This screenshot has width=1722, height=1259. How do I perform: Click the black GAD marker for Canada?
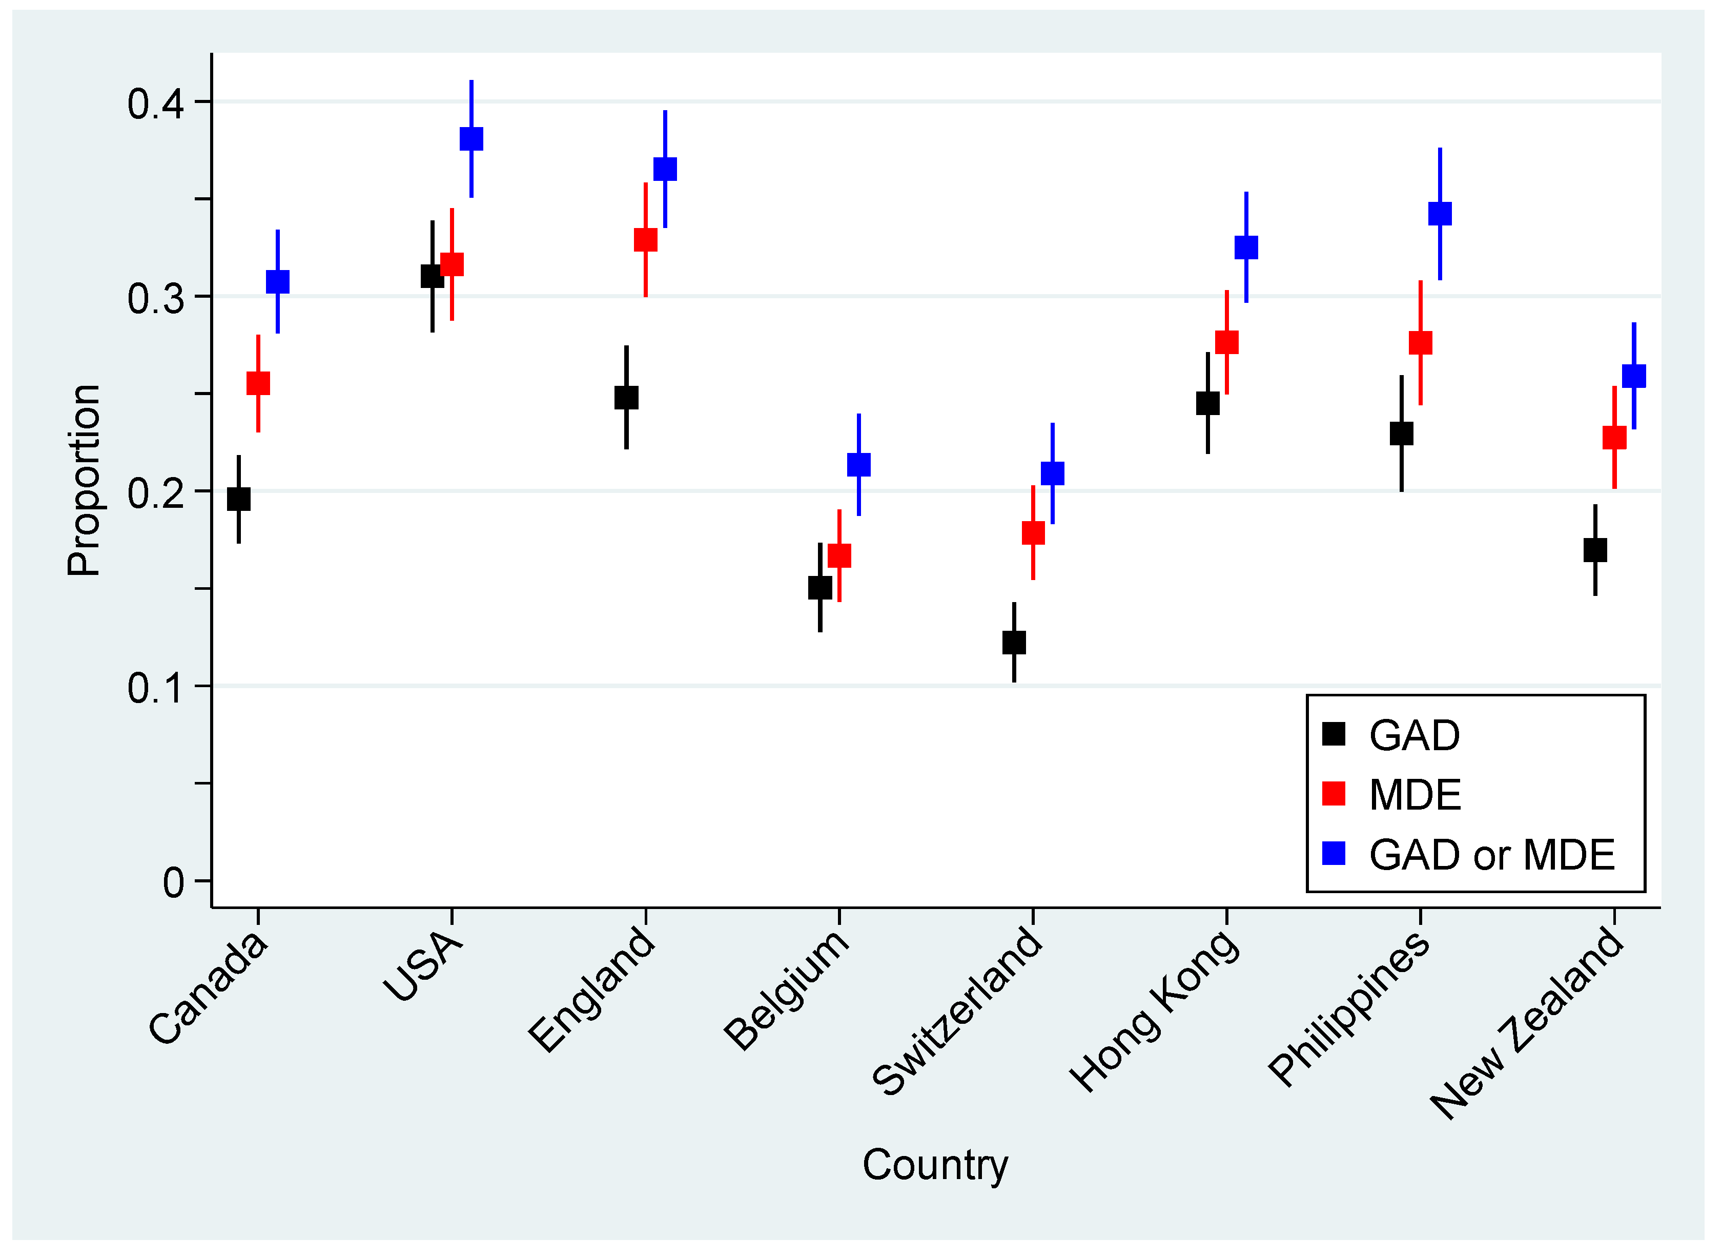point(239,499)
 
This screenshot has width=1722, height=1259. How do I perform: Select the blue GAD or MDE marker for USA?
point(471,139)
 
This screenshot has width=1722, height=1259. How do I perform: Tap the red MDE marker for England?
point(646,240)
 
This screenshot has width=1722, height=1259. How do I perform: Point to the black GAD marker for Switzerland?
point(1014,643)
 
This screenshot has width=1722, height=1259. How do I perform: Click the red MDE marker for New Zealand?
point(1614,438)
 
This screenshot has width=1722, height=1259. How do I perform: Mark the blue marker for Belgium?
point(859,465)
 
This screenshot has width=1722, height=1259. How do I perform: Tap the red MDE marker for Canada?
point(258,383)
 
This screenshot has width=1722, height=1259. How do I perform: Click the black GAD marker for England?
point(627,398)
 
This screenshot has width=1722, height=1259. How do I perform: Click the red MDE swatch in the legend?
point(1334,793)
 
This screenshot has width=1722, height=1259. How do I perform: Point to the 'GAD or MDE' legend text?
point(1492,854)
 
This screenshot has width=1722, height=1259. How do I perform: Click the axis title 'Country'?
point(935,1165)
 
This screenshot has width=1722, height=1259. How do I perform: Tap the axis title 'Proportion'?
point(84,480)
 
